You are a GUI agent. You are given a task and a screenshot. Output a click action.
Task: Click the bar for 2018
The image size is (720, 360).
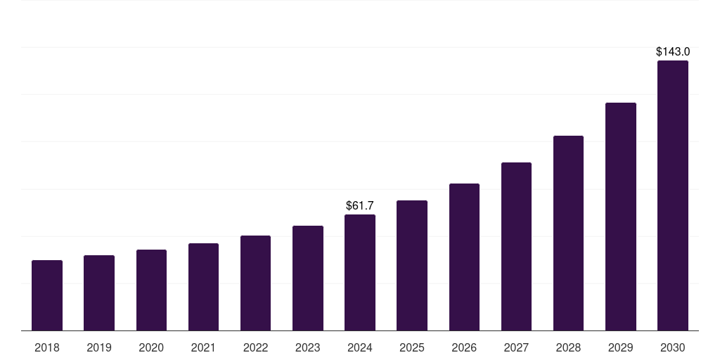pos(47,295)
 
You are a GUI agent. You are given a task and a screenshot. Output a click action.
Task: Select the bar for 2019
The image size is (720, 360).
pos(99,292)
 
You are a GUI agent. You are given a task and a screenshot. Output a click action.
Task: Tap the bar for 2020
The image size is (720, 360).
pos(151,290)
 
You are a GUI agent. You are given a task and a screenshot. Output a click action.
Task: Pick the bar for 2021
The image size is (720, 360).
pos(203,287)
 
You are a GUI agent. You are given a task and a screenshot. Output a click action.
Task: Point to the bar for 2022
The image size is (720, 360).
pos(255,283)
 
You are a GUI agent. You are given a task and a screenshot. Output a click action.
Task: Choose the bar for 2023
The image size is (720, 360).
pos(308,278)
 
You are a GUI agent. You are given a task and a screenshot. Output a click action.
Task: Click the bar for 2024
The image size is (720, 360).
pos(360,272)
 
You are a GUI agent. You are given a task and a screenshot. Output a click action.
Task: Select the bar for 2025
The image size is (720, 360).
pos(412,265)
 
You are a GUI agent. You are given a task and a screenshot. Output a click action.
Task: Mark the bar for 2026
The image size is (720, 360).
pos(464,257)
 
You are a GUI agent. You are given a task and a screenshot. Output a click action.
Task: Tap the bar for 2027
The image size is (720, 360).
pos(516,246)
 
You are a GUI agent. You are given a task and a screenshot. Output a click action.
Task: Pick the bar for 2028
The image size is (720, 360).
pos(568,233)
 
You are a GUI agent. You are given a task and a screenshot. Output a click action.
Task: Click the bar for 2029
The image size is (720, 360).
pos(621,217)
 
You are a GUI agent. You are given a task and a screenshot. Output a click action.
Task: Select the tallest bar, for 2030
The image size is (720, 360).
pos(673,195)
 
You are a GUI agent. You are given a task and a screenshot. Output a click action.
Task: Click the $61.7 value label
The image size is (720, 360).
pos(360,205)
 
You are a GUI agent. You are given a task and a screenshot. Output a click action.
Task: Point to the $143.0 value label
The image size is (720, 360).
pos(673,51)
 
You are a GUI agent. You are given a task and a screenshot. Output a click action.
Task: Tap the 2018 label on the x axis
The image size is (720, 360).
pos(47,347)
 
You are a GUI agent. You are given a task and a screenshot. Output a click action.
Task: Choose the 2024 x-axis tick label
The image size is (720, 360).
pos(360,347)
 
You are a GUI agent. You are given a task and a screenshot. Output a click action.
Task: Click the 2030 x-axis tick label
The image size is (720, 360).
pos(673,347)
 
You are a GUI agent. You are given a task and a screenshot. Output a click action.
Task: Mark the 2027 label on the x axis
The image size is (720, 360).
pos(516,347)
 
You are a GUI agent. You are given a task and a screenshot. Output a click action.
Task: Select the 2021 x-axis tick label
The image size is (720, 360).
pos(203,347)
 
